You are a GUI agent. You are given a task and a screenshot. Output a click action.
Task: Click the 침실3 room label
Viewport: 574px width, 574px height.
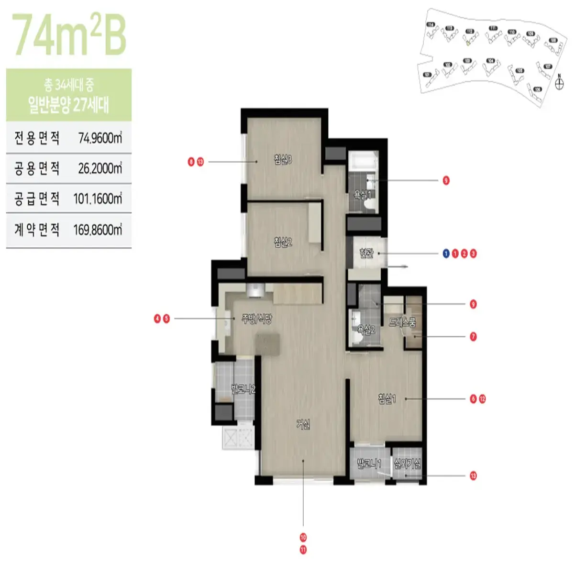click(x=283, y=160)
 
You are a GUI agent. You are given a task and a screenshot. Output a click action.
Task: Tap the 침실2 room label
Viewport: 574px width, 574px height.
click(x=283, y=242)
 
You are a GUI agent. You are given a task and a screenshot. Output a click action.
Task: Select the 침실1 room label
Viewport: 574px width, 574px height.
click(x=386, y=398)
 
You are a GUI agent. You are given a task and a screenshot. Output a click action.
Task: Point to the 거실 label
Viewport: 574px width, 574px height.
click(x=303, y=424)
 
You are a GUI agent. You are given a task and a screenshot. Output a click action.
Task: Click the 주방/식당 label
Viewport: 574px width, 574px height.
click(x=257, y=319)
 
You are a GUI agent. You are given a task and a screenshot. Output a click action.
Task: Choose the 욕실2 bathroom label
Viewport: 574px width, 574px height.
click(x=366, y=330)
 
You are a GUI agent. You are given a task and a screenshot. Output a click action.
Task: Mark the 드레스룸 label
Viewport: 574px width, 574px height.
click(x=402, y=322)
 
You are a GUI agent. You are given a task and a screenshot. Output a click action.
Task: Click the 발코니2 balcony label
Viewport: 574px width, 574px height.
click(x=243, y=389)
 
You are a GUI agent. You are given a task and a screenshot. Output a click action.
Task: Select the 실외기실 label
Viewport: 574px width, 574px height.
click(x=407, y=464)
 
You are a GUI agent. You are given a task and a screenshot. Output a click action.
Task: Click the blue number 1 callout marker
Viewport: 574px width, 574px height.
click(x=446, y=254)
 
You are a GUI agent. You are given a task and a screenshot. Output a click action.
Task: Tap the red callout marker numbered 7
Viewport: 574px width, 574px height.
click(x=473, y=337)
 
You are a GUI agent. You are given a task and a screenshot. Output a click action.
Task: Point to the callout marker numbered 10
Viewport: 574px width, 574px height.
click(x=303, y=538)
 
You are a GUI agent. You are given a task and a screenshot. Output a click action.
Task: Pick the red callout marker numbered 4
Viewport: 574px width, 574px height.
click(x=157, y=319)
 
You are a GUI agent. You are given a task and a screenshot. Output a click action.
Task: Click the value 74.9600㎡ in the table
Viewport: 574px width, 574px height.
click(x=100, y=138)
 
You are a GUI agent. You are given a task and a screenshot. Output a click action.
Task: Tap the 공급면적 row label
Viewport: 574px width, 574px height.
click(x=37, y=199)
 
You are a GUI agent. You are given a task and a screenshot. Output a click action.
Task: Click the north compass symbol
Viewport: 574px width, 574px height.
click(x=559, y=83)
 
